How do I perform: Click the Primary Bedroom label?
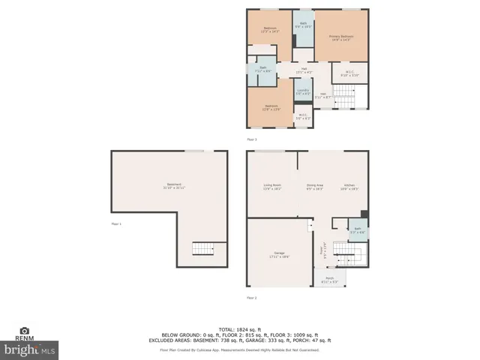click(x=341, y=37)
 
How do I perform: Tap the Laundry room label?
click(x=303, y=91)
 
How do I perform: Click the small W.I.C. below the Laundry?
click(x=303, y=117)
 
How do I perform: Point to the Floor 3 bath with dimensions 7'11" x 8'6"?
click(x=263, y=70)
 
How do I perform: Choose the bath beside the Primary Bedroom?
click(x=304, y=25)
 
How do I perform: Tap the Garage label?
click(x=279, y=256)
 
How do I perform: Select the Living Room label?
click(x=271, y=187)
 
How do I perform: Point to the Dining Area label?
click(x=315, y=187)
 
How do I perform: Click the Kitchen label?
click(x=350, y=187)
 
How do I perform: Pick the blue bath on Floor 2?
click(x=358, y=230)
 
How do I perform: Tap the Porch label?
click(x=329, y=280)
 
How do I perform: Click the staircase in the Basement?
click(x=202, y=249)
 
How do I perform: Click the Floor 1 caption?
click(x=116, y=223)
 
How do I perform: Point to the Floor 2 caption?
click(x=252, y=298)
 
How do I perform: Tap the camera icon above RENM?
click(x=24, y=330)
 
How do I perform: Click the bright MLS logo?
click(x=30, y=349)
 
